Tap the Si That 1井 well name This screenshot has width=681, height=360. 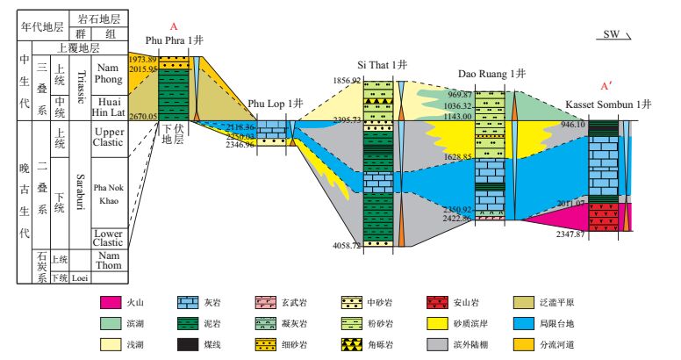click(382, 66)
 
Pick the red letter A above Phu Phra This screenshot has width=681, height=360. click(175, 25)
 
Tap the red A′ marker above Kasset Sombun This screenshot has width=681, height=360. click(605, 87)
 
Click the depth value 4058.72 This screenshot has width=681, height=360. click(345, 246)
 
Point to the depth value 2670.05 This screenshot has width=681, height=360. click(142, 116)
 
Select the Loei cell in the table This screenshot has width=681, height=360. click(80, 278)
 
